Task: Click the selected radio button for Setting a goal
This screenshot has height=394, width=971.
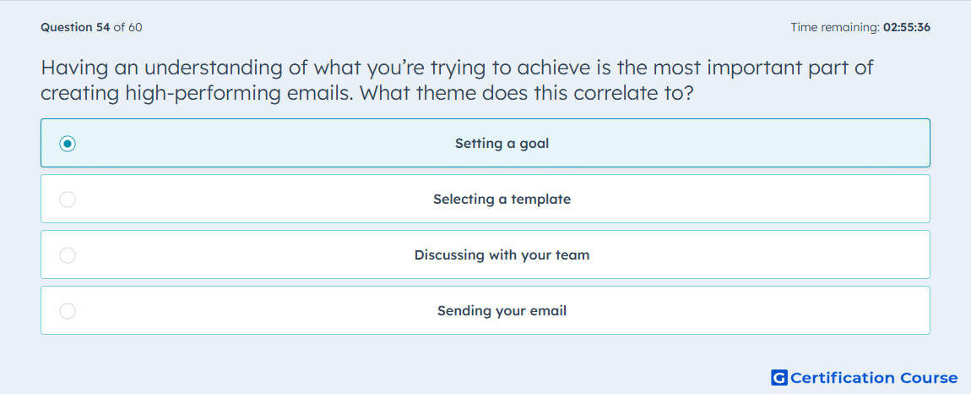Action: [68, 144]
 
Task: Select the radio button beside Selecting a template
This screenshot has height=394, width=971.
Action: [68, 200]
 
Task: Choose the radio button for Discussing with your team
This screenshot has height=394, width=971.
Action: [68, 255]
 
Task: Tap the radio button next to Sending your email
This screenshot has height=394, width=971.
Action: [68, 311]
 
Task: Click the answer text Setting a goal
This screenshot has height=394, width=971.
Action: [502, 144]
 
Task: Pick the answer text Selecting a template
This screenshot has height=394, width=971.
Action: [502, 200]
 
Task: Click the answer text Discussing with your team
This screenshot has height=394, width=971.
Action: [502, 255]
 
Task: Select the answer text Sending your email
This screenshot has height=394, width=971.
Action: [502, 311]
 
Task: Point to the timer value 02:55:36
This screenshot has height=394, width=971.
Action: [907, 27]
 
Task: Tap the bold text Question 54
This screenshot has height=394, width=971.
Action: [75, 27]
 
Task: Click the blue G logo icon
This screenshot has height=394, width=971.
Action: [779, 377]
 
